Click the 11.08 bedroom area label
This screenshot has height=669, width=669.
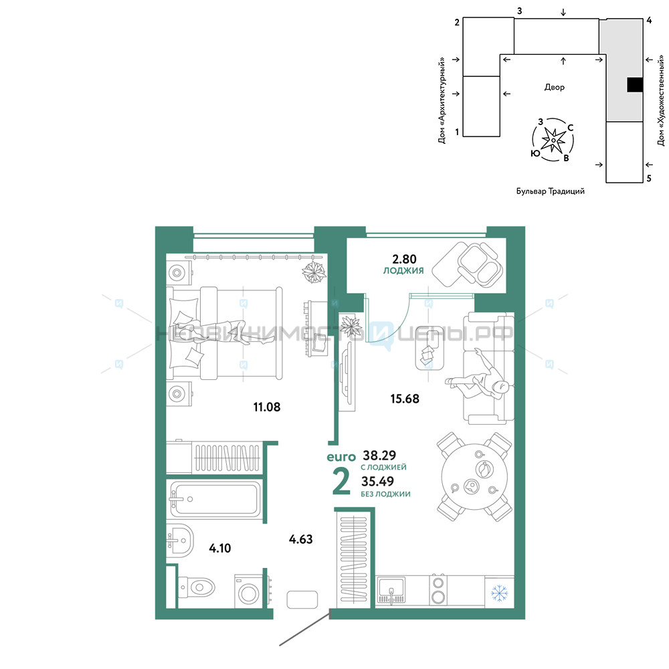[267, 407]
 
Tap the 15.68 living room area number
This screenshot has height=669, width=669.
[405, 399]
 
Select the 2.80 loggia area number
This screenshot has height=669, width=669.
[404, 259]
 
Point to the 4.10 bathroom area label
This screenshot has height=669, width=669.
[219, 548]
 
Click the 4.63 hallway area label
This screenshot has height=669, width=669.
[301, 539]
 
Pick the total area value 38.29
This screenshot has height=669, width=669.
[379, 455]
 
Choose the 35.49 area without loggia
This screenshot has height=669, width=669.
[377, 481]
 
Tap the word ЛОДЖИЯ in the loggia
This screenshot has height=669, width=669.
[403, 270]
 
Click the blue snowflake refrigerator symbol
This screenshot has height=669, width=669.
[499, 593]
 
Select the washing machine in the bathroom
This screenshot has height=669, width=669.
[248, 591]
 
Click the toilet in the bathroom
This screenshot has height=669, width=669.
[197, 587]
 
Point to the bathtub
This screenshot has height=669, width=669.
[215, 499]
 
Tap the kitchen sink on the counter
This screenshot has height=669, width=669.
[391, 591]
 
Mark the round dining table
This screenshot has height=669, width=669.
[474, 476]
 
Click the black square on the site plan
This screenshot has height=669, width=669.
[635, 84]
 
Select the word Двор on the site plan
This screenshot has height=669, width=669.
[554, 87]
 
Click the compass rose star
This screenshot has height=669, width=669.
[553, 140]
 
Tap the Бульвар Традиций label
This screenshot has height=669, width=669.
[551, 191]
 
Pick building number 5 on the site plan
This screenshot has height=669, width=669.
[649, 179]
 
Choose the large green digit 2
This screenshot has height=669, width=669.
[341, 482]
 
